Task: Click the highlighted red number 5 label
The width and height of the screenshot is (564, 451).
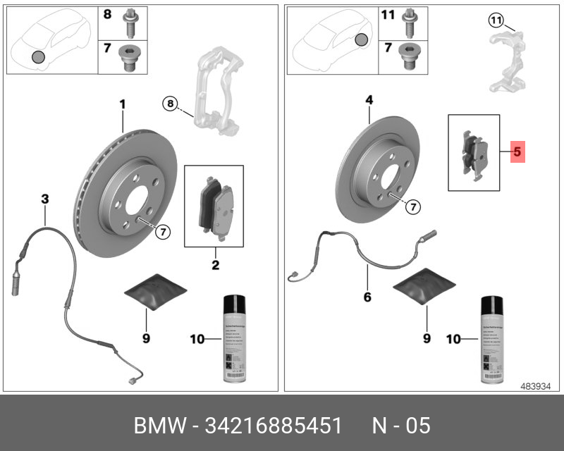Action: pos(517,151)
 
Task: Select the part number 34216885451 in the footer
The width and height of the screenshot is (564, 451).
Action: pos(274,426)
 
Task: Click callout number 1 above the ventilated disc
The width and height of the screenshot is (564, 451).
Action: pos(122,104)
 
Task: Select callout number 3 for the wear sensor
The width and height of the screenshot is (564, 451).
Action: pos(44,199)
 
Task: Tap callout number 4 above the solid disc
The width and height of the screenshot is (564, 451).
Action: pos(368,101)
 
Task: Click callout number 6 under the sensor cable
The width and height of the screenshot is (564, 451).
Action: pos(367,297)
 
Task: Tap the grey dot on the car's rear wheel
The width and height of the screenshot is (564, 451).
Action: pos(361,40)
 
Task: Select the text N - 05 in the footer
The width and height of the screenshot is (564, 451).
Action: pos(401,426)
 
